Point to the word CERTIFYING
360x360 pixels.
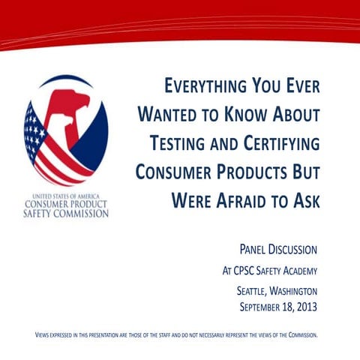click(x=277, y=143)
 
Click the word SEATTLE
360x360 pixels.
click(x=247, y=292)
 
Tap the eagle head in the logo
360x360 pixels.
click(x=71, y=105)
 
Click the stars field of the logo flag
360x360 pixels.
click(x=34, y=129)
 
